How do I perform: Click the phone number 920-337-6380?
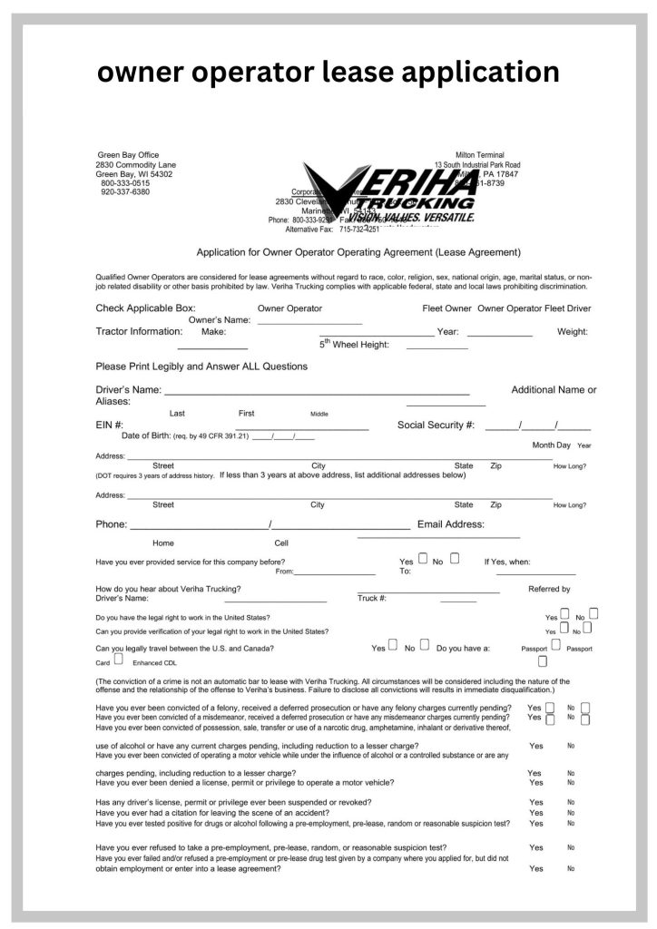click(x=125, y=192)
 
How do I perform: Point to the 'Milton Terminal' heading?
click(x=480, y=155)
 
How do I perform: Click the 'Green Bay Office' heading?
click(x=128, y=155)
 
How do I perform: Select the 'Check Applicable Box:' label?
click(x=145, y=308)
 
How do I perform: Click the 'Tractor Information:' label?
click(x=139, y=331)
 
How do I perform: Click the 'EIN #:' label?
click(x=110, y=425)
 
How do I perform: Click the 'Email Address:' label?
click(x=450, y=524)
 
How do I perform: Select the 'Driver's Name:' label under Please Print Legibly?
click(x=129, y=390)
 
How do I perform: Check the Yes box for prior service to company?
click(x=423, y=559)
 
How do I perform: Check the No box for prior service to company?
click(x=454, y=559)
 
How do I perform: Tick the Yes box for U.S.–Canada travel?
click(x=393, y=646)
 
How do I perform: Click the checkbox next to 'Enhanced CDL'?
click(x=119, y=660)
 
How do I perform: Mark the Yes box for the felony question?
click(x=549, y=707)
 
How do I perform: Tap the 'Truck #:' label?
click(x=372, y=599)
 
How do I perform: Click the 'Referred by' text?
click(x=549, y=589)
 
